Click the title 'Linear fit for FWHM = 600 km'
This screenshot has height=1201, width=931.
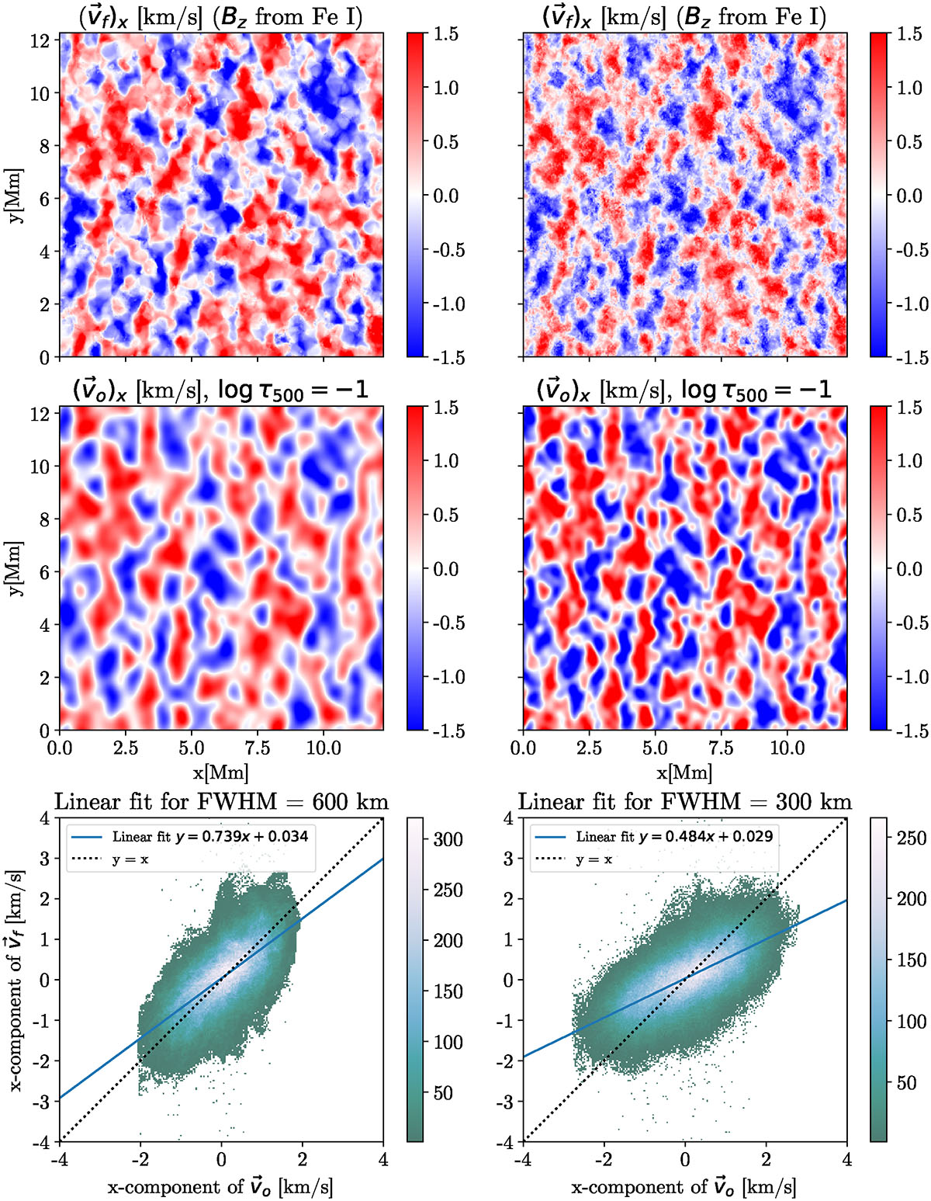[x=220, y=801]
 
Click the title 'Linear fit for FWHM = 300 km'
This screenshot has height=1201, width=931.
[x=684, y=801]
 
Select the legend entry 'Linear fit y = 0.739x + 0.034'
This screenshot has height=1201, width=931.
[x=209, y=836]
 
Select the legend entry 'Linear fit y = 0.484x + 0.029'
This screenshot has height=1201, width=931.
[x=673, y=836]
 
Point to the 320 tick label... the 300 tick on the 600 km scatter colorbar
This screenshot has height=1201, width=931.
[x=447, y=839]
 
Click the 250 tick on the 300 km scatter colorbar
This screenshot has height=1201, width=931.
[x=911, y=838]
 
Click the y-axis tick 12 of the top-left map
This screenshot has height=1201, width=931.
[x=40, y=41]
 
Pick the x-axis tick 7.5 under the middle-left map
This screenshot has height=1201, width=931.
[x=258, y=748]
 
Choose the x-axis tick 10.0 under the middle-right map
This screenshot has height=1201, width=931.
[x=787, y=748]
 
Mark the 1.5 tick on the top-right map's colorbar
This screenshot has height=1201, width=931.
[x=909, y=34]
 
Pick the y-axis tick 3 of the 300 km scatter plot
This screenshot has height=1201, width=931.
[x=507, y=859]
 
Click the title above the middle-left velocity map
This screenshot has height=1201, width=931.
[x=220, y=390]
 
